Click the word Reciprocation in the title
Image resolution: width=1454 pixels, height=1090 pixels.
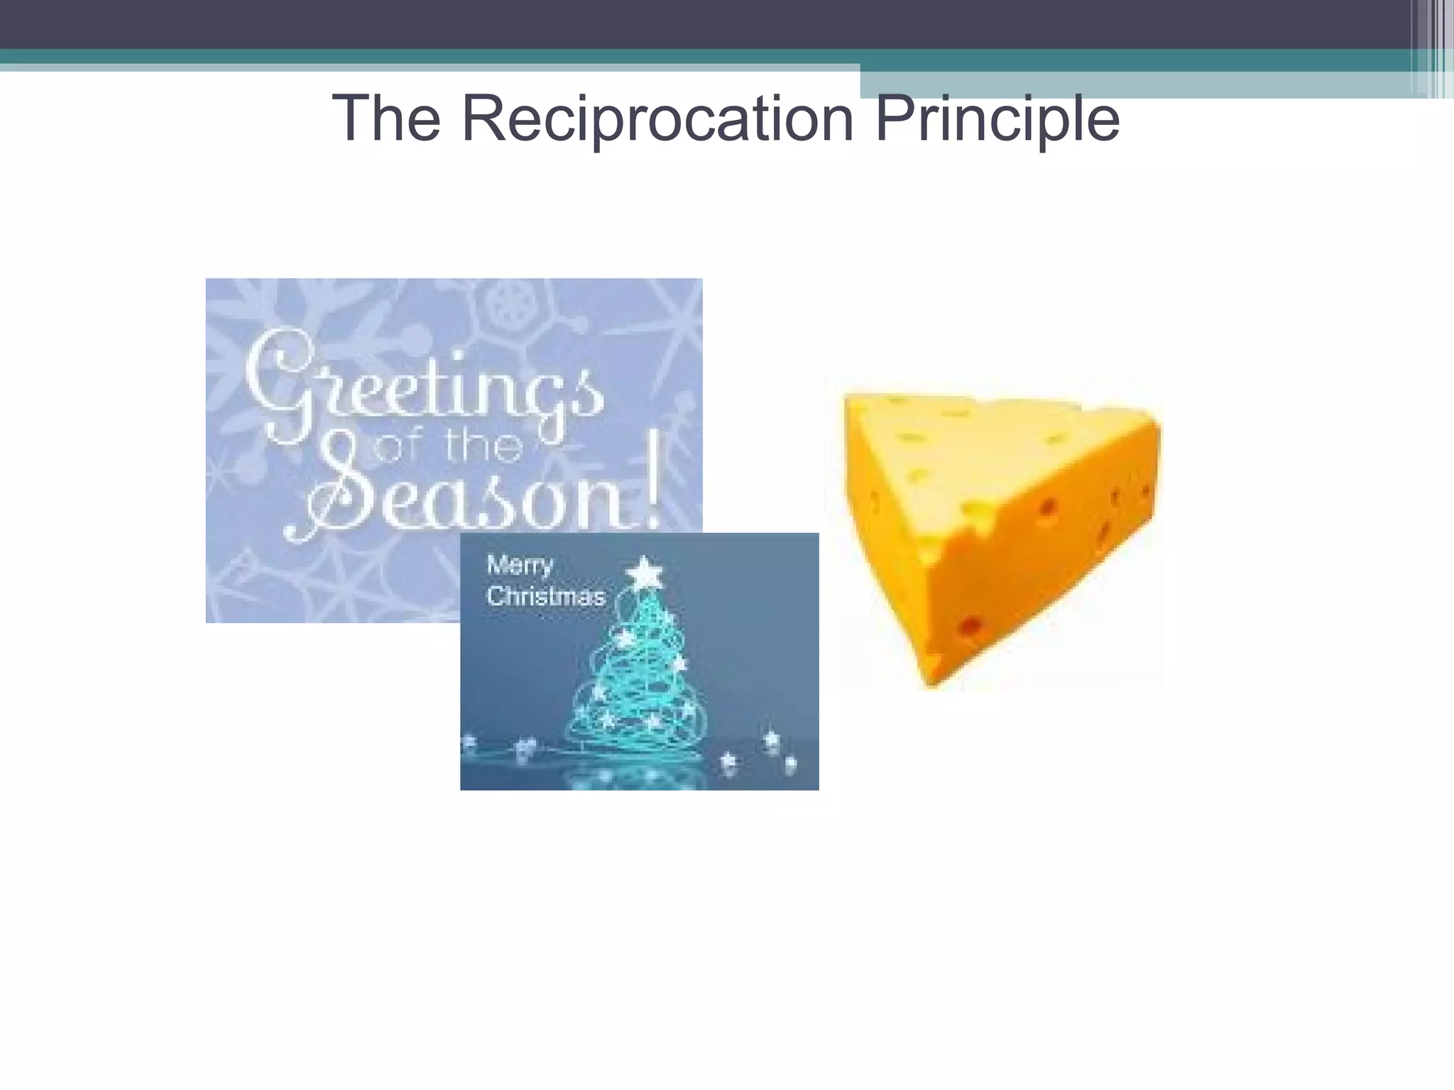tap(657, 119)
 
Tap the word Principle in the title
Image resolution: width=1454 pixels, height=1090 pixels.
tap(997, 119)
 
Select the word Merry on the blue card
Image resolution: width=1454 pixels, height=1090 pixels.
tap(520, 566)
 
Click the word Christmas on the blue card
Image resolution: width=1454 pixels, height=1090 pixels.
tap(545, 596)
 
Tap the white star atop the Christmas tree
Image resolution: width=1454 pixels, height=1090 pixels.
tap(645, 571)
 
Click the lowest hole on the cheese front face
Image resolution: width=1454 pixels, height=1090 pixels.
tap(970, 627)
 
